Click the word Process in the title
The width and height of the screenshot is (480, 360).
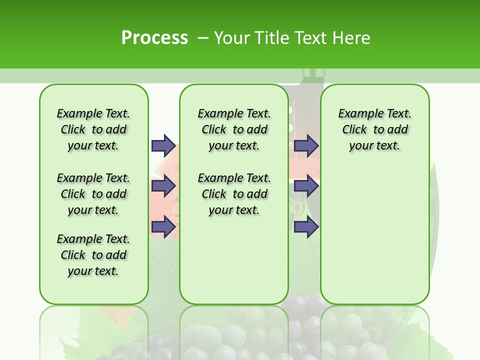(154, 37)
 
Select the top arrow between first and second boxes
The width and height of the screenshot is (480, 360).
(163, 145)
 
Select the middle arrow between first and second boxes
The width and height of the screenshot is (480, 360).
(163, 186)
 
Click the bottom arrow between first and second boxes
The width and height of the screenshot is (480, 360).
(163, 227)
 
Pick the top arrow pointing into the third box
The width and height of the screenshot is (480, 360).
(306, 145)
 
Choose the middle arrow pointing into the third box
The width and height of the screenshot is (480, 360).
(306, 186)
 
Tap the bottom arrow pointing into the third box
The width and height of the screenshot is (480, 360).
(306, 227)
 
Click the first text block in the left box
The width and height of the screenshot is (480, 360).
(93, 129)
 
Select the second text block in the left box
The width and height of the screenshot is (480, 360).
(93, 194)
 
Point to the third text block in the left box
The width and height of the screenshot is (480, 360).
(93, 255)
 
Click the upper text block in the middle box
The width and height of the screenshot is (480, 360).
(234, 129)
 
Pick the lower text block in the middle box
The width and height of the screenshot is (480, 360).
(234, 194)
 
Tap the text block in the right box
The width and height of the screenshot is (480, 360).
(374, 129)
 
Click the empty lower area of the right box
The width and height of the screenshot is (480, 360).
(374, 240)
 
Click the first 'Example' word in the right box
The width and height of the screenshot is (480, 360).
(356, 114)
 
